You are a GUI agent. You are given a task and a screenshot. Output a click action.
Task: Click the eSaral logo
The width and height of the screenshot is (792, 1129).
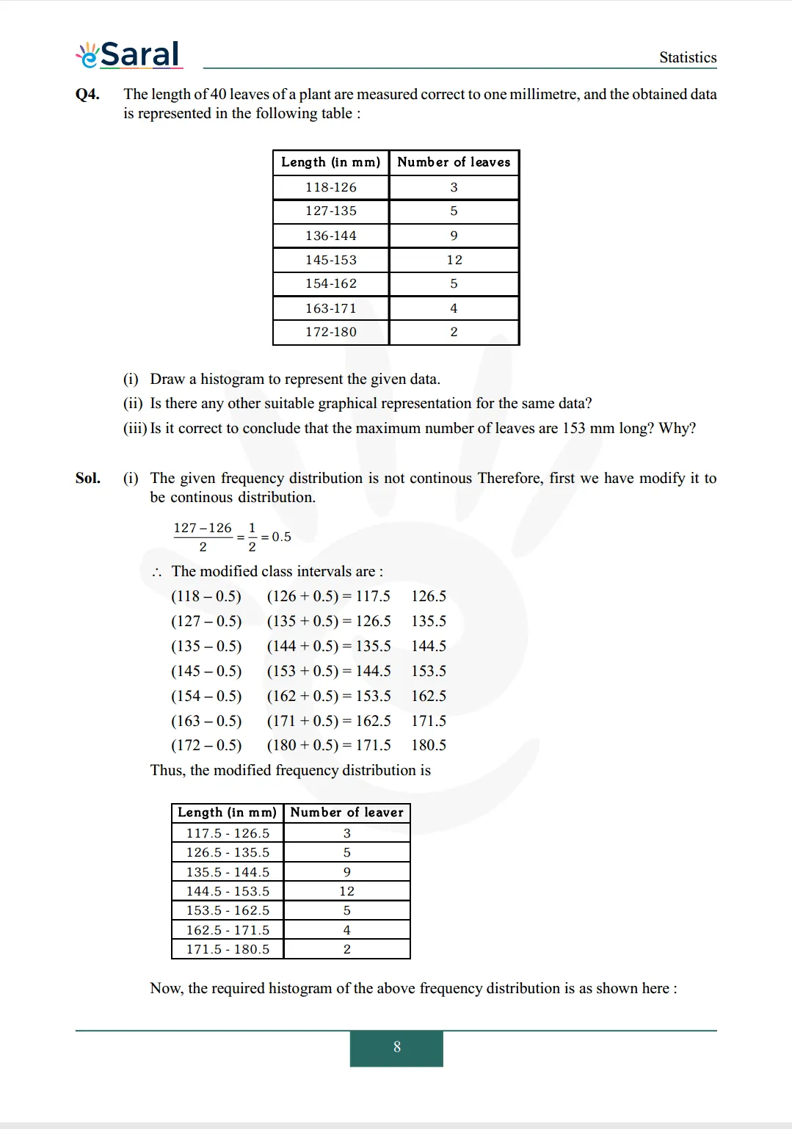coord(129,54)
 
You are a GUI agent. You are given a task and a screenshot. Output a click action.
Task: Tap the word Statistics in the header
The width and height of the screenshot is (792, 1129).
coord(687,57)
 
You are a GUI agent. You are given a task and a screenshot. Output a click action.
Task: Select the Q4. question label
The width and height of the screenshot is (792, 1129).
coord(87,94)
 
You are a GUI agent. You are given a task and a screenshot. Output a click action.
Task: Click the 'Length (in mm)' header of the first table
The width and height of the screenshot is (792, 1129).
coord(330,162)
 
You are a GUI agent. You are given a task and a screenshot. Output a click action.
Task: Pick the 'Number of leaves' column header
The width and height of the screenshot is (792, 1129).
coord(454,162)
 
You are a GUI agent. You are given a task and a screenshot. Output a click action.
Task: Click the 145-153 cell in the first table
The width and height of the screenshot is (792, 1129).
coord(331,260)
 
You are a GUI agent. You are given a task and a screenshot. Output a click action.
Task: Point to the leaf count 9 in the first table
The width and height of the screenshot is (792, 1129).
coord(454,236)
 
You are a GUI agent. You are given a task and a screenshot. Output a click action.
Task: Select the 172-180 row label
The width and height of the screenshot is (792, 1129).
coord(331,332)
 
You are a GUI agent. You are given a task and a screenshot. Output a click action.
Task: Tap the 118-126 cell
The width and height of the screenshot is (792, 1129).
coord(331,187)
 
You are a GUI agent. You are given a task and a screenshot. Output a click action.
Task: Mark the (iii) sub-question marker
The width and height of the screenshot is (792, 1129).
coord(135,428)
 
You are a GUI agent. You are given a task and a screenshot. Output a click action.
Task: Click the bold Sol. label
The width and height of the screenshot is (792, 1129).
coord(88,478)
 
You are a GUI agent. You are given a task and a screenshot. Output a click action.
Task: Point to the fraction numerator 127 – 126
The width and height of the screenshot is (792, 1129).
coord(203,528)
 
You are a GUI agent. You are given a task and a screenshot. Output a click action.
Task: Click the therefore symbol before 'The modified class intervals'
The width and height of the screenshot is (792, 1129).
coord(156,572)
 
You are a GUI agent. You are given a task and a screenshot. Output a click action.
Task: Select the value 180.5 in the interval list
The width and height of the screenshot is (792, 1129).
coord(429,745)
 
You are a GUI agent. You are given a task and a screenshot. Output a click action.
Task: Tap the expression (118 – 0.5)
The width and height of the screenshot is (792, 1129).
coord(206,596)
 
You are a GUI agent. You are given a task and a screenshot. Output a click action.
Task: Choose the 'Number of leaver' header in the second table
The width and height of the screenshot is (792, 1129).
coord(346,813)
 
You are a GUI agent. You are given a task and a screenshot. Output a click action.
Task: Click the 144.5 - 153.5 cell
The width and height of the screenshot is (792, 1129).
coord(228,891)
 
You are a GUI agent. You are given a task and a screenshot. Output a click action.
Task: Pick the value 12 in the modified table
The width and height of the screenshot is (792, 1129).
coord(346,891)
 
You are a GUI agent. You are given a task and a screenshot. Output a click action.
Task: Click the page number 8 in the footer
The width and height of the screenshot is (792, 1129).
coord(396,1048)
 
